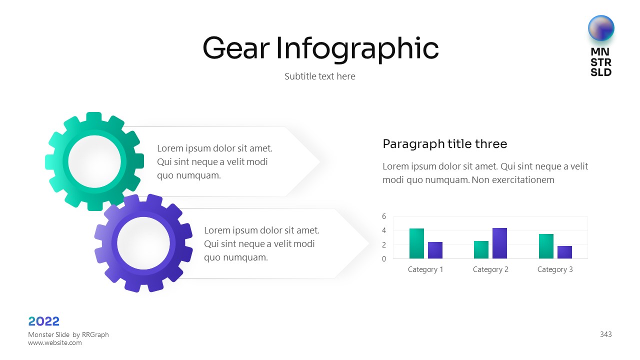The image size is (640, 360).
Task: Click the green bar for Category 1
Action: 416,243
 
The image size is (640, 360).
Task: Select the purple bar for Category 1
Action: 435,250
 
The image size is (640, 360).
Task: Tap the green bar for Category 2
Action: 481,249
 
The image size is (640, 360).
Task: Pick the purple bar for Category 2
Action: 499,243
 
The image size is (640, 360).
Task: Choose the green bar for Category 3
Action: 546,246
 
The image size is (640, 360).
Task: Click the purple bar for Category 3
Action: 565,252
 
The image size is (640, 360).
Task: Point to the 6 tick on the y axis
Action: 384,216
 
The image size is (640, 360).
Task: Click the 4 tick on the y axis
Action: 384,230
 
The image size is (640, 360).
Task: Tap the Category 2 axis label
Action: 490,269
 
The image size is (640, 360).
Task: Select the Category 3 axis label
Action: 555,269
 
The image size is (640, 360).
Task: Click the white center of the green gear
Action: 94,161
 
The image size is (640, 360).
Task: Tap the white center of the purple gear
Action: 143,243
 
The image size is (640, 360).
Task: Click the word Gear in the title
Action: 236,48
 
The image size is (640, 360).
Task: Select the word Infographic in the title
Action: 357,49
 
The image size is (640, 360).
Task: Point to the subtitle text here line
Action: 320,76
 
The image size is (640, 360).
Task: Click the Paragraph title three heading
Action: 445,144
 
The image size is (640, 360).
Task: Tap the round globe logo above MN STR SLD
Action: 601,28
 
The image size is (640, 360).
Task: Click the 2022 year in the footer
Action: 43,321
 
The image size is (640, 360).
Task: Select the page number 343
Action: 605,334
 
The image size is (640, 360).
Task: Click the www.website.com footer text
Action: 55,343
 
